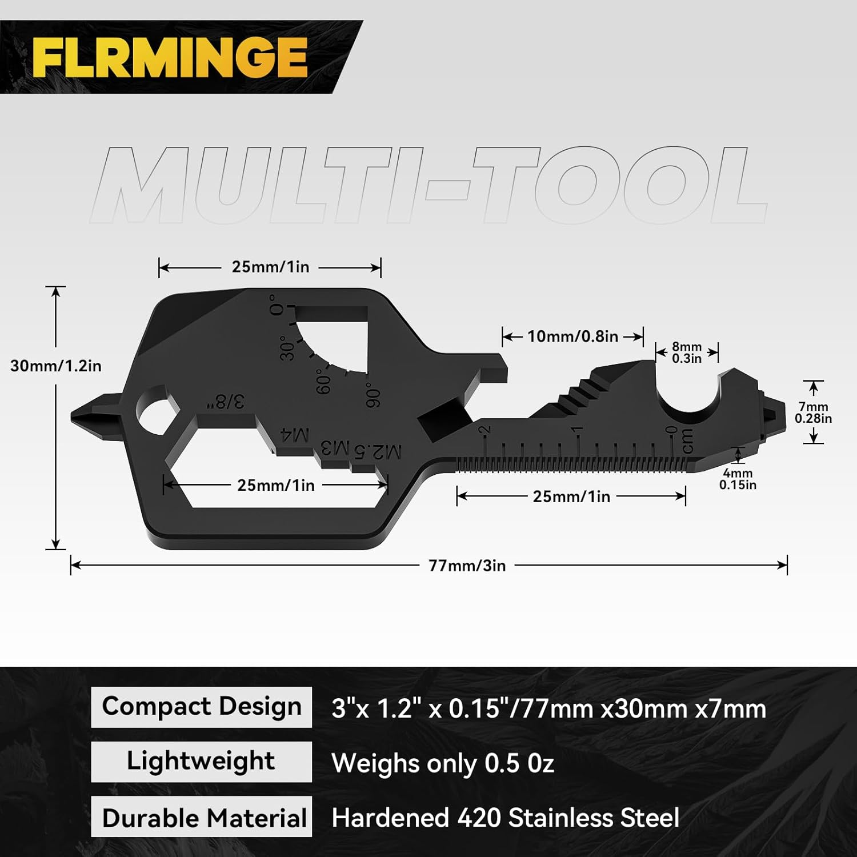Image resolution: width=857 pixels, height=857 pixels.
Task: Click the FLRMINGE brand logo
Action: click(170, 57)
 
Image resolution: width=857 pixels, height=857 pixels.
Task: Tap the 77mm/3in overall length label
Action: click(467, 566)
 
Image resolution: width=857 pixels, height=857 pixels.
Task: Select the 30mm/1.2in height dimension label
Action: click(55, 366)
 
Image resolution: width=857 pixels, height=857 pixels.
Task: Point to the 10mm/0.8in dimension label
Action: click(572, 336)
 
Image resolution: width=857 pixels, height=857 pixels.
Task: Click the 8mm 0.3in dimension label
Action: click(686, 353)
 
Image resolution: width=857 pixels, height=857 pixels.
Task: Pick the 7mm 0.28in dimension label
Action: click(813, 413)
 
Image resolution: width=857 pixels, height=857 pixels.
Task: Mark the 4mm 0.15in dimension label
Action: click(738, 479)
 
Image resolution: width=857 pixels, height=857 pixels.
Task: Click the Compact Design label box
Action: click(201, 707)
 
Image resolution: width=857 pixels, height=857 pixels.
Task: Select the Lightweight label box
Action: click(201, 762)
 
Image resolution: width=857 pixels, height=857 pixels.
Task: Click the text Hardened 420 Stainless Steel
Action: click(505, 818)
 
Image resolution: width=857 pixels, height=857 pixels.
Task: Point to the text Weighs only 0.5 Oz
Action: click(443, 763)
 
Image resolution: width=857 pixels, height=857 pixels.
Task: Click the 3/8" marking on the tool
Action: click(226, 401)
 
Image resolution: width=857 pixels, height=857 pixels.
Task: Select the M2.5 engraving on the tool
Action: click(378, 451)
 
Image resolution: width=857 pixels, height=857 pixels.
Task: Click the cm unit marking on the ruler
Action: click(687, 440)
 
